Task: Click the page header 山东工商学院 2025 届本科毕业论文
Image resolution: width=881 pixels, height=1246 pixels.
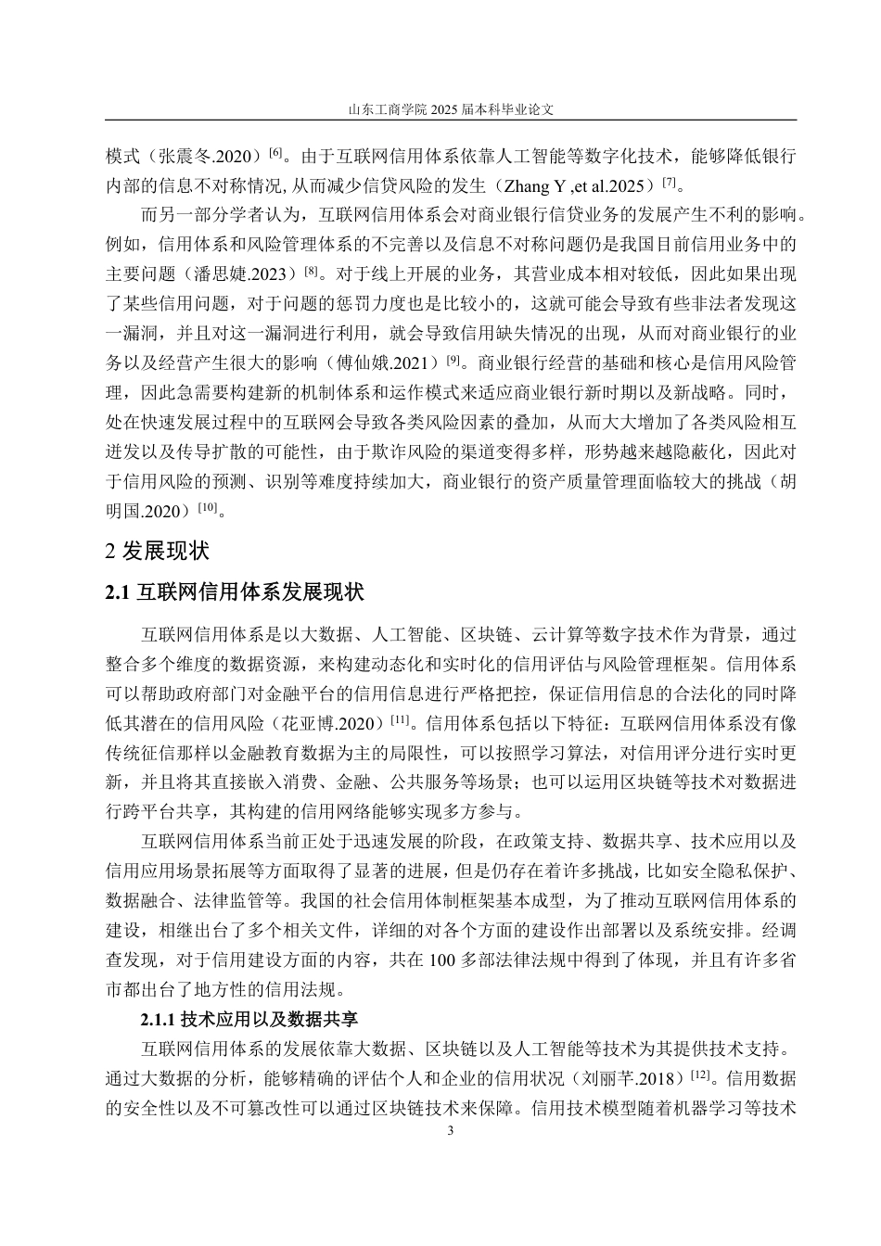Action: (451, 108)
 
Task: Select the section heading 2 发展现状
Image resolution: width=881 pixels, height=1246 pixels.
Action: (159, 551)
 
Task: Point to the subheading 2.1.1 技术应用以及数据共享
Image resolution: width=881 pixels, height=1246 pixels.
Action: (249, 1021)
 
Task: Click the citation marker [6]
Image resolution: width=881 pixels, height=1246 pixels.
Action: (275, 150)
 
